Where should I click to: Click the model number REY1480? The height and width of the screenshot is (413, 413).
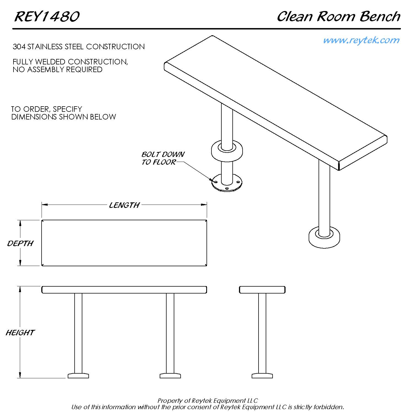coord(47,17)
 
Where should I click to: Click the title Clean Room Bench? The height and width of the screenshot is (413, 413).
coord(339,17)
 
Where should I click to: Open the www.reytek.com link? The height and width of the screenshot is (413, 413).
coord(361,40)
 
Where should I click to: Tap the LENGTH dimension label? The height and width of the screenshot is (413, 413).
coord(124,205)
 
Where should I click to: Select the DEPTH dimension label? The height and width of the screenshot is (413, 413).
coord(20,243)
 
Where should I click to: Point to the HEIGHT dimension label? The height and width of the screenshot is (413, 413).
coord(20,333)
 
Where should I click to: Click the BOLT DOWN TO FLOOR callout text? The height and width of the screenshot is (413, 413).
coord(163,158)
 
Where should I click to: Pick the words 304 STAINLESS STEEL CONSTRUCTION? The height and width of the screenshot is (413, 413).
coord(79,47)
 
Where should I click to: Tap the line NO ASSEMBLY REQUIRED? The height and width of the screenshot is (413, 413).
coord(58,69)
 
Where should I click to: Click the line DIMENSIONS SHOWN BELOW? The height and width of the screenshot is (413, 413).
coord(64,117)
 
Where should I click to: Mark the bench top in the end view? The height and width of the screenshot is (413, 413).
coord(262,290)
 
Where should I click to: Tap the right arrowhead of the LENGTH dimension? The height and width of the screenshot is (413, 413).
coord(204,205)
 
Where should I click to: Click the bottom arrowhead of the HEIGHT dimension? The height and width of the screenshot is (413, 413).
coord(20,375)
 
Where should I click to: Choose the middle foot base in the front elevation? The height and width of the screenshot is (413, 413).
coord(170,376)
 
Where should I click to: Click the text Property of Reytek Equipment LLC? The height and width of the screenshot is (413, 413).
coord(208,401)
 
